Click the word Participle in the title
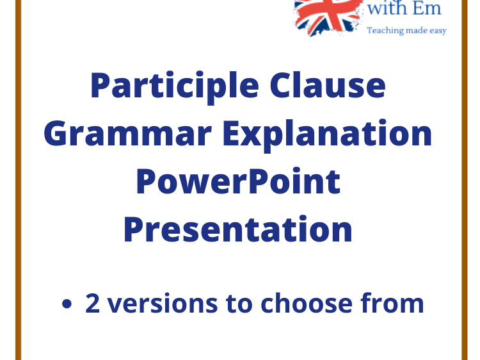coord(175,86)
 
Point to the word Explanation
coord(327,135)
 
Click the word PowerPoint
coord(239,181)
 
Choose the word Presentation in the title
coord(238,229)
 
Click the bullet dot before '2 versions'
coord(67,304)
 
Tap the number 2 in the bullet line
coord(92,303)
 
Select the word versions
coord(163,304)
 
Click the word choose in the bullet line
coord(307,303)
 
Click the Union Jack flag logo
coord(328,17)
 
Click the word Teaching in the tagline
coord(385,31)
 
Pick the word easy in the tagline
coord(438,31)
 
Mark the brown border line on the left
coord(19,180)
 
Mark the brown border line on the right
coord(465,180)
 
